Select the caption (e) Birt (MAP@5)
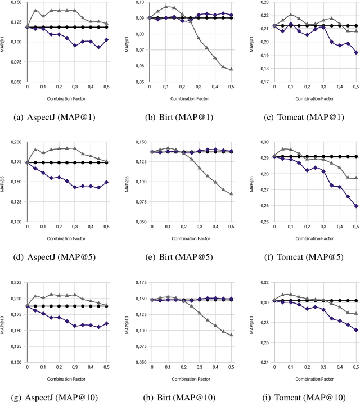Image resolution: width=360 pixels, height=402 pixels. (181, 258)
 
